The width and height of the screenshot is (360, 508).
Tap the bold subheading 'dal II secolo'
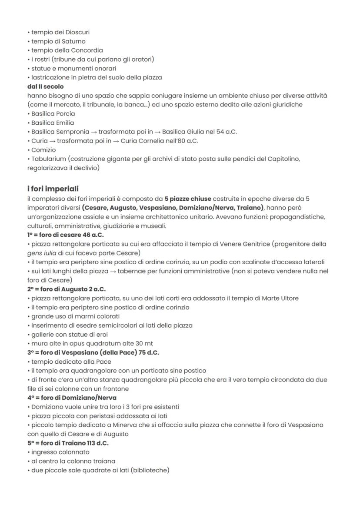pos(45,86)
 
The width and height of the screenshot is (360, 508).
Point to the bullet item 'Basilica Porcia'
pos(53,113)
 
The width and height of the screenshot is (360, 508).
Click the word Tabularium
pos(48,159)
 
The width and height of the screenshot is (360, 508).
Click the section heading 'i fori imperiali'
pos(53,189)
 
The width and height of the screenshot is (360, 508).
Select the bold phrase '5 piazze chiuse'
pos(188,199)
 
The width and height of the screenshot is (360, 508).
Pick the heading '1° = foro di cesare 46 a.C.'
pos(64,235)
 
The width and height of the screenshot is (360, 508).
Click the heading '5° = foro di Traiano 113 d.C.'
pos(68,443)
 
